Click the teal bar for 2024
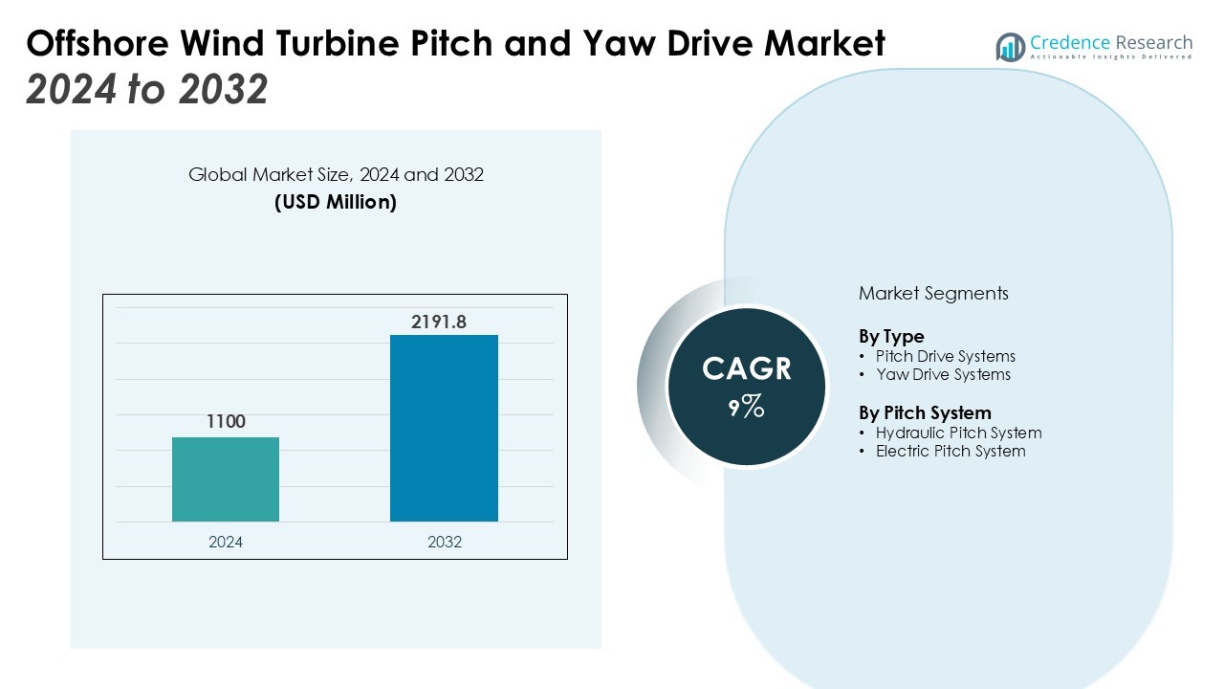pos(226,479)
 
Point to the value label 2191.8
pos(439,322)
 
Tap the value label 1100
pos(226,422)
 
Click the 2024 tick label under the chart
pos(226,542)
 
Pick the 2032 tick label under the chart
pos(444,542)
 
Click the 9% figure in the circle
pos(746,408)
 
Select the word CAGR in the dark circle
pos(746,369)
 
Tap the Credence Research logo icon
pos(1010,47)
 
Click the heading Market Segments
pos(933,294)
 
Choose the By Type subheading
pos(891,337)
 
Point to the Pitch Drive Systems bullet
pos(945,356)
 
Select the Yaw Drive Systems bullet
pos(943,374)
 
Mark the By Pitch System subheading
pos(925,413)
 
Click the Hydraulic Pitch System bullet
pos(958,433)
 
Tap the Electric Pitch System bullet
pos(951,451)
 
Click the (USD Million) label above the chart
pos(336,202)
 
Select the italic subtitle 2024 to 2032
pos(147,90)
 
